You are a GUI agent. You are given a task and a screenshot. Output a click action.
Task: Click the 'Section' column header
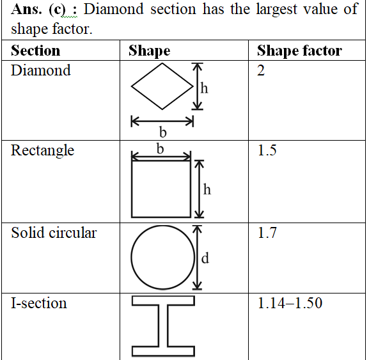(x=36, y=51)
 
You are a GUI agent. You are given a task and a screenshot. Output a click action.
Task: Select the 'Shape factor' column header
(x=299, y=51)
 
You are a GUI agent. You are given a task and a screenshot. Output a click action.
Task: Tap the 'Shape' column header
(x=150, y=51)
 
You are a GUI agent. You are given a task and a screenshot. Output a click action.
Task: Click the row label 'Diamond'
(x=41, y=70)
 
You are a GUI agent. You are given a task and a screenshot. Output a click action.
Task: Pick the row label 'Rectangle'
(x=43, y=151)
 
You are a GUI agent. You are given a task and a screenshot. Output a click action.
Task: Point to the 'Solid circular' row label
(x=54, y=233)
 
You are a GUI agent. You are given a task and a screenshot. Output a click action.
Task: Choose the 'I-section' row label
(x=39, y=303)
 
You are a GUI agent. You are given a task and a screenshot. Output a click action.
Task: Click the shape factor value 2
(x=261, y=70)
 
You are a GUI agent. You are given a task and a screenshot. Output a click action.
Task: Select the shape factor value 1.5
(x=267, y=150)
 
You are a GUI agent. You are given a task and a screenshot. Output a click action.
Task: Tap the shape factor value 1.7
(x=267, y=233)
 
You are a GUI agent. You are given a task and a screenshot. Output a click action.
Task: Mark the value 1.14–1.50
(x=290, y=303)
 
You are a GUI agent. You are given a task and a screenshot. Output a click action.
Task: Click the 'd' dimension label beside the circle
(x=205, y=258)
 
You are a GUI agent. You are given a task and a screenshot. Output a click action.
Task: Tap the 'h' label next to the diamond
(x=204, y=88)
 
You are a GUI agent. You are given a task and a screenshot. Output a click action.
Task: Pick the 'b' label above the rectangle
(x=161, y=149)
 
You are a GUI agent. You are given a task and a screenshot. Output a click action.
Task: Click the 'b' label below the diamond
(x=163, y=132)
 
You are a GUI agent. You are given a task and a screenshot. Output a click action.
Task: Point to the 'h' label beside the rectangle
(x=207, y=189)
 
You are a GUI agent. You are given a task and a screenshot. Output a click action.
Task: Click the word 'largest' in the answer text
(x=276, y=10)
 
